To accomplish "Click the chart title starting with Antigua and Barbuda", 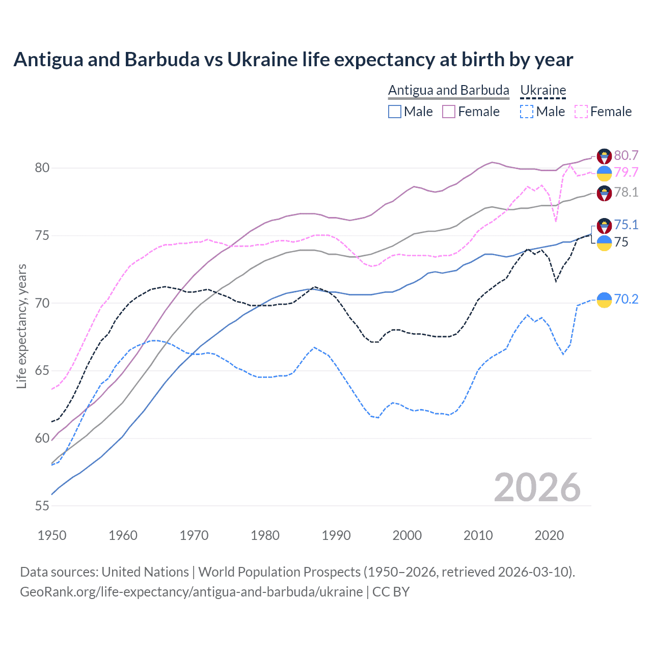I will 293,60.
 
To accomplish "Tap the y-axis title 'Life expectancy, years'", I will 21,326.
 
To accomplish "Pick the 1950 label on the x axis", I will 52,535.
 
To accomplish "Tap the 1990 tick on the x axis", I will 336,535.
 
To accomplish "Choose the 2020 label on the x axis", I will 549,535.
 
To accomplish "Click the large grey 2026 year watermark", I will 537,487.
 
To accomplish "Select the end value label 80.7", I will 626,155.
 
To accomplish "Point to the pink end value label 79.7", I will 626,172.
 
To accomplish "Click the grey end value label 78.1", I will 626,192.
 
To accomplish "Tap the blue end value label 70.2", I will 626,299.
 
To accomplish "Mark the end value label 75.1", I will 626,225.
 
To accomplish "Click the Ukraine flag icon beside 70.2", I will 604,300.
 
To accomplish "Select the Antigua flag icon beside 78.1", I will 604,194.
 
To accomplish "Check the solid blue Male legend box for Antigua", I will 395,112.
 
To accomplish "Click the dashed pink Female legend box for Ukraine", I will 581,112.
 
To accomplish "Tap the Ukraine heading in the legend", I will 543,90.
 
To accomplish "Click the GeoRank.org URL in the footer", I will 191,592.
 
